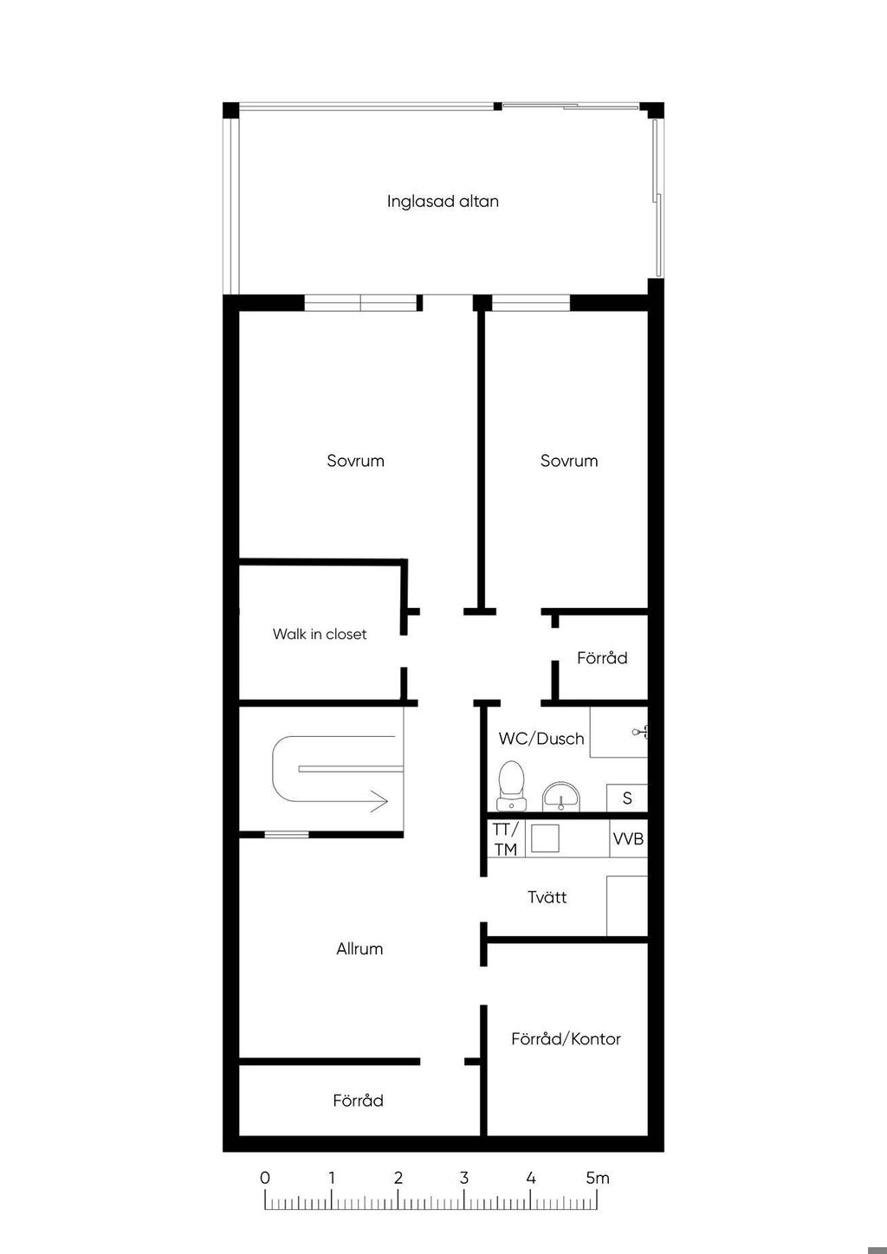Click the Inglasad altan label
tap(443, 202)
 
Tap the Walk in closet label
tap(319, 634)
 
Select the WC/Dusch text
tap(541, 739)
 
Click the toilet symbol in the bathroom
tap(511, 785)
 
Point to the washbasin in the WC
tap(561, 798)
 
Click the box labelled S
tap(627, 798)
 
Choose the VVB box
tap(628, 838)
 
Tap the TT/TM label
tap(506, 838)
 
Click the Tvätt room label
tap(547, 897)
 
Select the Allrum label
tap(359, 949)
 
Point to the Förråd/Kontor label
tap(566, 1039)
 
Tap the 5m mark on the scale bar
tap(598, 1178)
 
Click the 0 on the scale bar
tap(265, 1178)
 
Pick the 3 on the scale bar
tap(463, 1178)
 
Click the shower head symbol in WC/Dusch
tap(640, 731)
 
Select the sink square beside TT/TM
tap(545, 838)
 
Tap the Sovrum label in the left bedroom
tap(356, 461)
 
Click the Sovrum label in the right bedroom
tap(569, 461)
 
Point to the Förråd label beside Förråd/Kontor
tap(358, 1101)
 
